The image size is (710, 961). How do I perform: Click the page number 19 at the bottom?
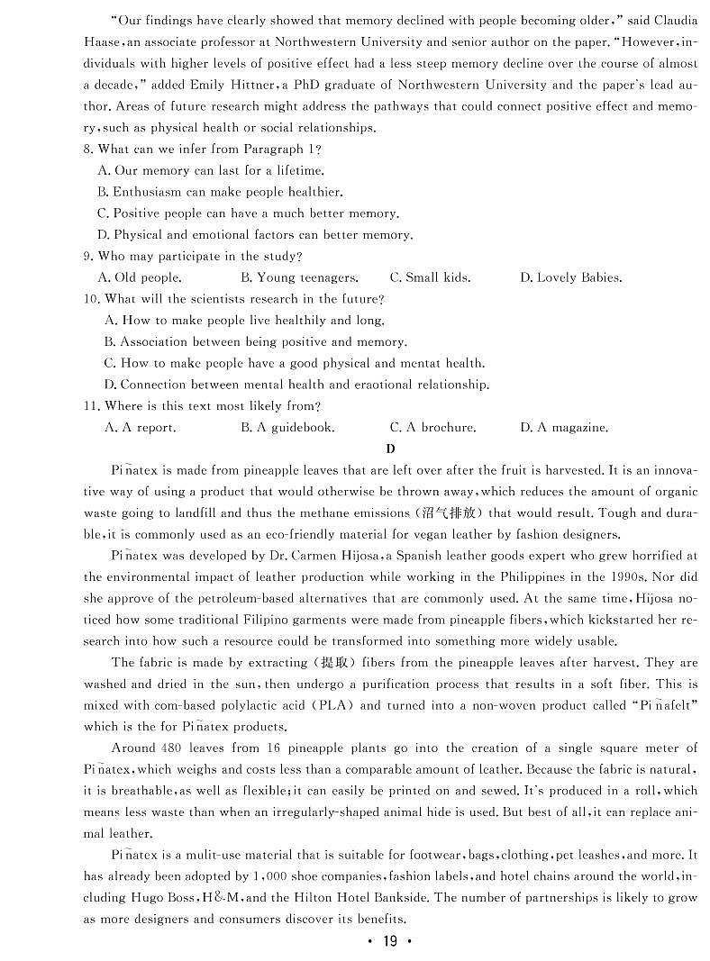pos(389,941)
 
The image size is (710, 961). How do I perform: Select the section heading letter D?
pos(390,449)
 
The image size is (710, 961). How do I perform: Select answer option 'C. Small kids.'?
pos(430,278)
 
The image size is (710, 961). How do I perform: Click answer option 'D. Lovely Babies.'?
pos(570,278)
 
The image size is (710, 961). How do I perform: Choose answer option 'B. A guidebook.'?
pos(287,428)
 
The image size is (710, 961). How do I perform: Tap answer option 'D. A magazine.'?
pos(564,428)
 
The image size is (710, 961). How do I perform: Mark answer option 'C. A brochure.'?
pos(432,428)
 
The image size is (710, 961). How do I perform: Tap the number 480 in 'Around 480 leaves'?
pos(173,748)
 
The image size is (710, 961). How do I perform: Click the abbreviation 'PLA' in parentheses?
pos(323,706)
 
